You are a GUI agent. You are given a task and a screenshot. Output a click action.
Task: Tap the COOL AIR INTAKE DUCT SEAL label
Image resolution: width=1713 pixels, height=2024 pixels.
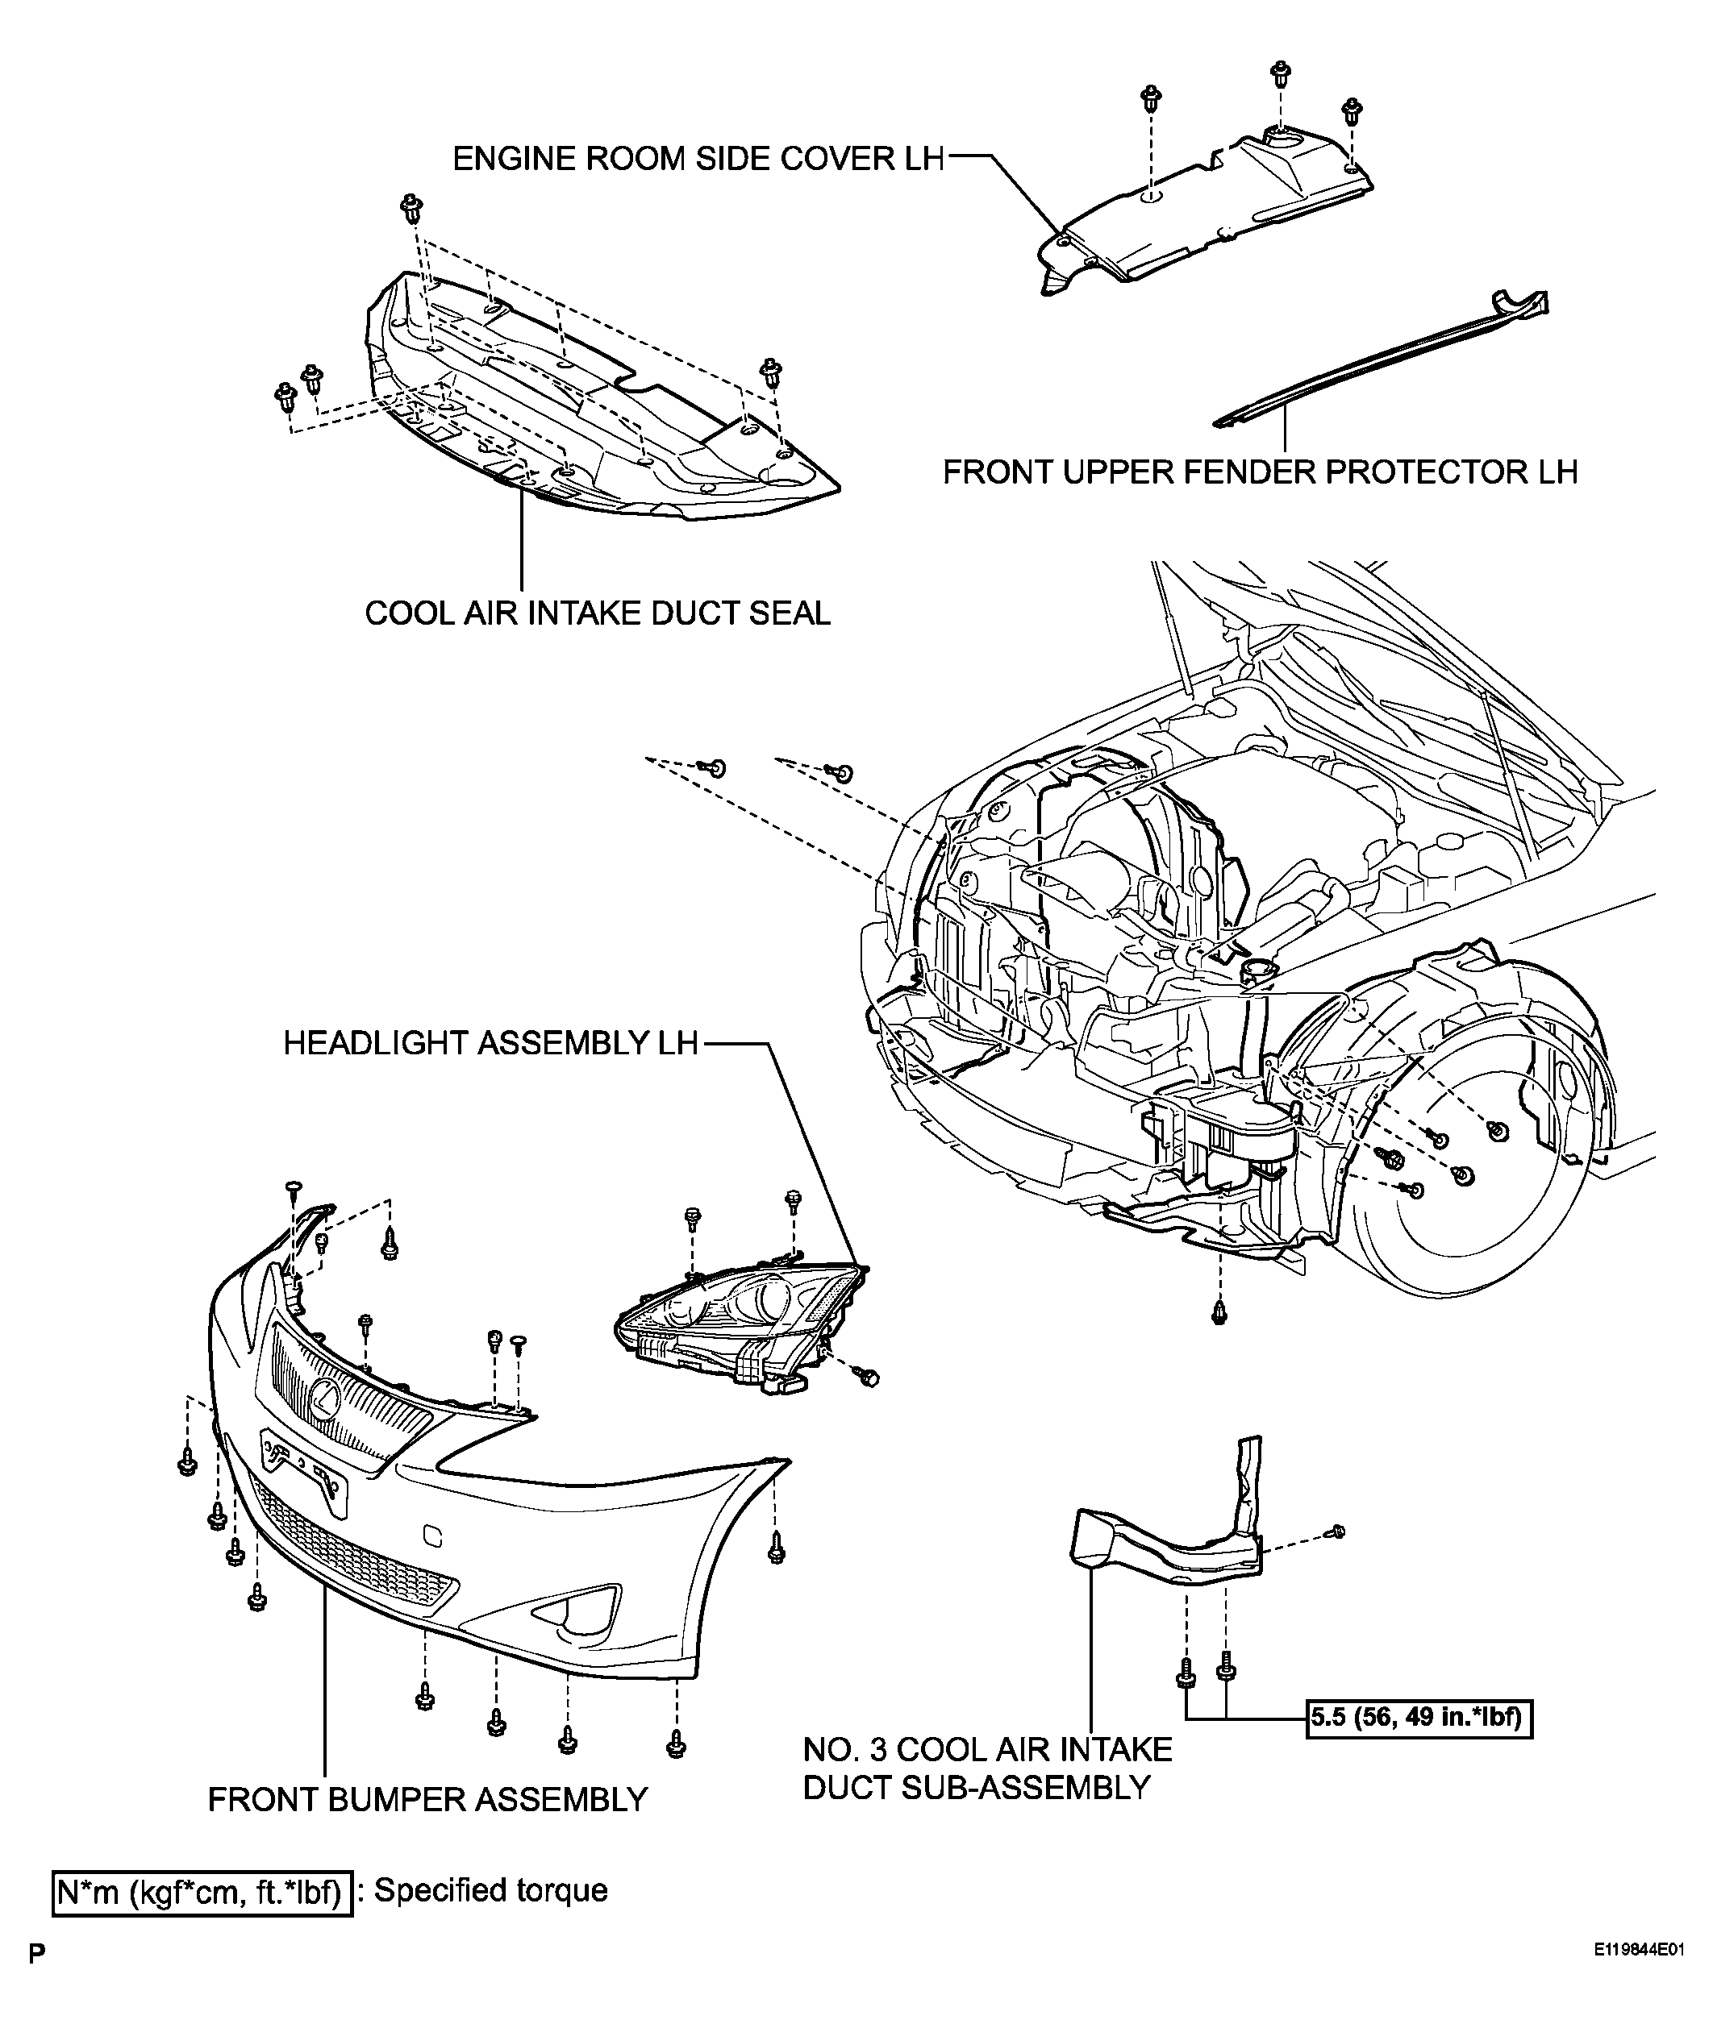tap(598, 613)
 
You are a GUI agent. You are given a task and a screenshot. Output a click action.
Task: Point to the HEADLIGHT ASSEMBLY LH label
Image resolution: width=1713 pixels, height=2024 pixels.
tap(491, 1042)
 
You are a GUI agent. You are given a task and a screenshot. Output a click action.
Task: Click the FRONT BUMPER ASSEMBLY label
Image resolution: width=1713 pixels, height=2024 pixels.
tap(427, 1799)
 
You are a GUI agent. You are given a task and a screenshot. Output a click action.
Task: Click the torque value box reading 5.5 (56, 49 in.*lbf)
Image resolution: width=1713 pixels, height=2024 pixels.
tap(1419, 1719)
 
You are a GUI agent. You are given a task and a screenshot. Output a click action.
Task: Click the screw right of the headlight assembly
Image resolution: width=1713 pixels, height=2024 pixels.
tap(869, 1377)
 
